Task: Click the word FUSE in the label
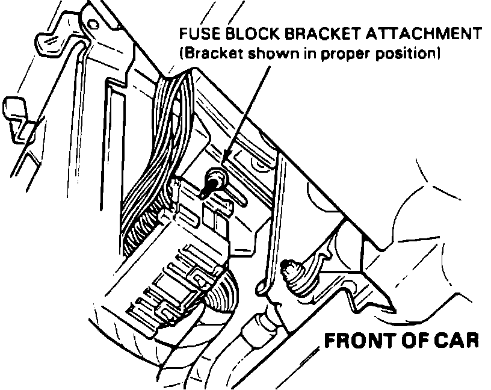pos(196,34)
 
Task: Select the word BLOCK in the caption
pos(243,34)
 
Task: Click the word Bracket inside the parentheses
pos(208,53)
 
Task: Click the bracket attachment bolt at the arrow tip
pos(213,181)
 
